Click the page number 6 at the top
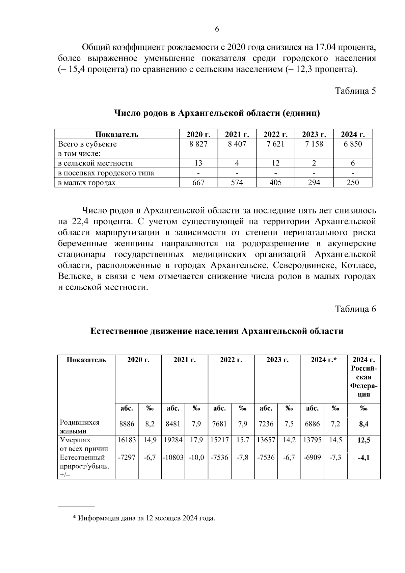pyautogui.click(x=217, y=29)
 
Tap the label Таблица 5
pyautogui.click(x=355, y=91)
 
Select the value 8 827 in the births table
pyautogui.click(x=198, y=144)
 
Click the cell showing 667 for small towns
pyautogui.click(x=198, y=183)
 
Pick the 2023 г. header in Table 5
pyautogui.click(x=314, y=134)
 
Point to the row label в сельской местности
pyautogui.click(x=96, y=163)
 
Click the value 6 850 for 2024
pyautogui.click(x=353, y=144)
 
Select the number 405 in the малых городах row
pyautogui.click(x=275, y=183)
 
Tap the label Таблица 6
pyautogui.click(x=355, y=309)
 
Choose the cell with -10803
pyautogui.click(x=173, y=458)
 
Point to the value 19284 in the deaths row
pyautogui.click(x=173, y=440)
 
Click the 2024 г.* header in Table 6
pyautogui.click(x=324, y=360)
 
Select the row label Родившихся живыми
pyautogui.click(x=80, y=426)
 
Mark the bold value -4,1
pyautogui.click(x=363, y=458)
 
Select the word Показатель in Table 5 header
pyautogui.click(x=116, y=134)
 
